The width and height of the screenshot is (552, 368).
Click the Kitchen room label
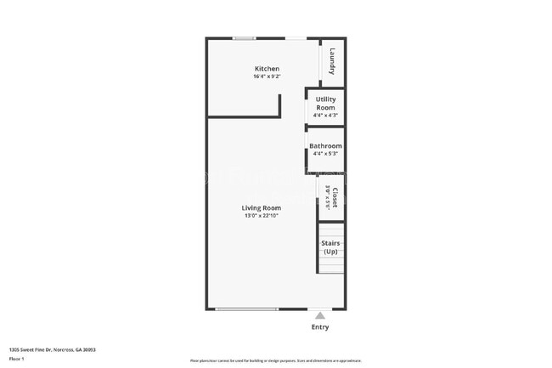click(268, 69)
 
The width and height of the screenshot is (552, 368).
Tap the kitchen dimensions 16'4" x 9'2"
click(268, 76)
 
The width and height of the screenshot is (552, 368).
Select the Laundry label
click(333, 60)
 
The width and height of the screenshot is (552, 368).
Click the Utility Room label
click(325, 104)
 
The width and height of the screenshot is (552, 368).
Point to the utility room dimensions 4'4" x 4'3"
click(325, 116)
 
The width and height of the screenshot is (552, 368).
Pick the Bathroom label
click(325, 146)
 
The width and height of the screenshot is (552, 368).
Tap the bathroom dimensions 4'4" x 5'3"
click(325, 154)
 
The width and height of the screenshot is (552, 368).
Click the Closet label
click(335, 198)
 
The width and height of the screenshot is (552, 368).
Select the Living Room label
click(262, 207)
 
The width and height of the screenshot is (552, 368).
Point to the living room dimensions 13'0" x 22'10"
click(262, 216)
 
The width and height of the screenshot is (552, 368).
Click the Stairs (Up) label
click(330, 247)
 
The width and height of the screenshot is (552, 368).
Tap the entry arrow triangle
click(320, 314)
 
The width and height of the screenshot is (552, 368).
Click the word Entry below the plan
click(320, 327)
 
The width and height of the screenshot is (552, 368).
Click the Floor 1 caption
click(17, 360)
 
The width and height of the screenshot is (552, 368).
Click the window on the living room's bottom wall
click(246, 309)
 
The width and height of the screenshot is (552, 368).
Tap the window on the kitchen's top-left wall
click(245, 38)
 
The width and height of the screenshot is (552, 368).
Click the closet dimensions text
click(327, 198)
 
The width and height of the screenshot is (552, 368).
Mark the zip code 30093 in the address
click(87, 349)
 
